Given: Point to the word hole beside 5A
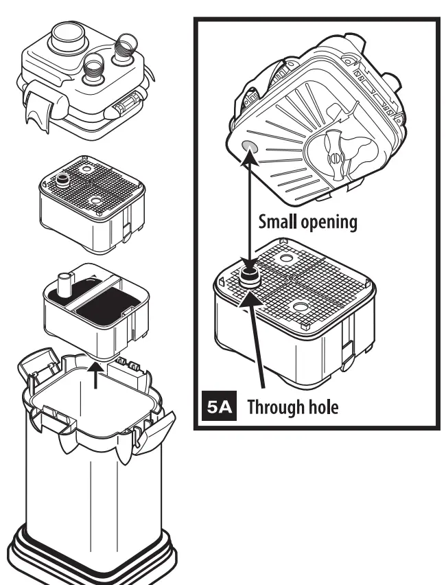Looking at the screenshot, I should click(x=322, y=408).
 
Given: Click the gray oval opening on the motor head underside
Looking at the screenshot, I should click(x=248, y=148).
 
